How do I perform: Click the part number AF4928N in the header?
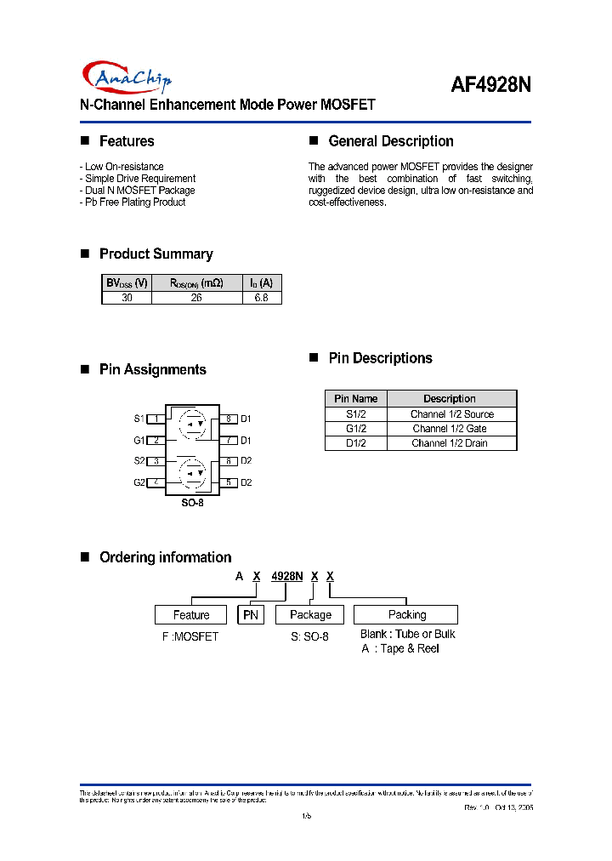tap(490, 86)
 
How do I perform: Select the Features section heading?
tap(127, 141)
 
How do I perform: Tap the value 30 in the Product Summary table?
tap(127, 298)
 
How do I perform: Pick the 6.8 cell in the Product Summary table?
tap(262, 298)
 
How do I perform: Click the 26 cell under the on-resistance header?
tap(196, 298)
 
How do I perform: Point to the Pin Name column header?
tap(355, 398)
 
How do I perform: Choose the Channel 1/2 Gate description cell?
tap(450, 429)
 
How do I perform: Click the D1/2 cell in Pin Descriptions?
tap(355, 443)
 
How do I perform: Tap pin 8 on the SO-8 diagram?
tap(229, 419)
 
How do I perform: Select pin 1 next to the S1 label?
tap(157, 419)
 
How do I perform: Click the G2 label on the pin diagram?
tap(139, 482)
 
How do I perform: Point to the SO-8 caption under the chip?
tap(193, 503)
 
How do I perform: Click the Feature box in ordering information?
tap(191, 614)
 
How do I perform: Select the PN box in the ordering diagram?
tap(251, 614)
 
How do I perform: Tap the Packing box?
tap(406, 614)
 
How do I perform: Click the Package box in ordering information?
tap(310, 614)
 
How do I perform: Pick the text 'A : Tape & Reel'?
tap(399, 648)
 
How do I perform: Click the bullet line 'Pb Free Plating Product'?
tap(133, 202)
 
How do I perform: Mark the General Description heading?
tap(390, 141)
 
